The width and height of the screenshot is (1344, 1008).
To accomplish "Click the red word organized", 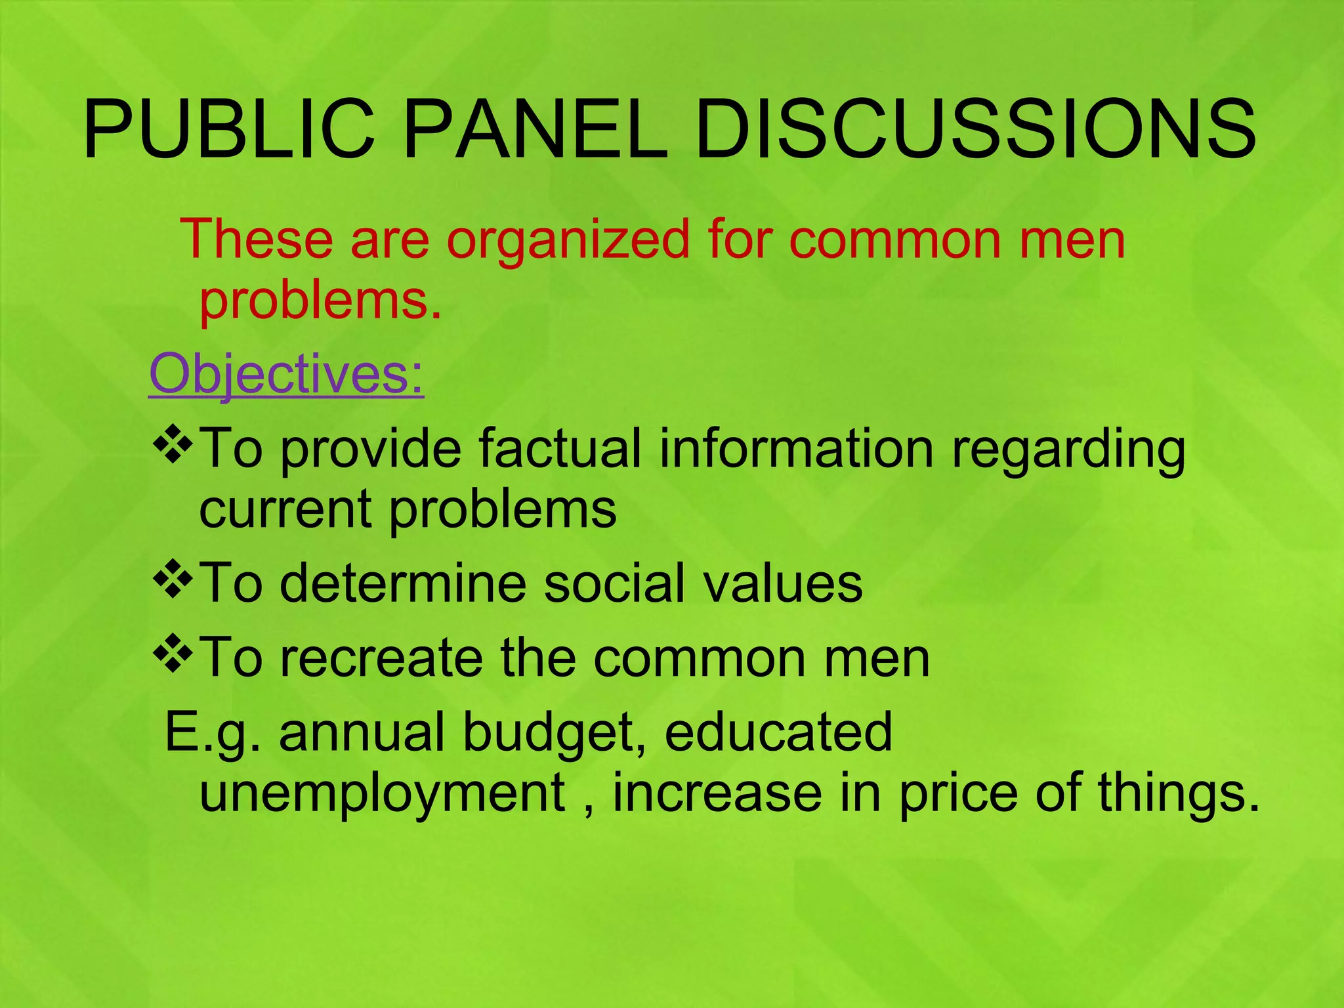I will click(x=568, y=240).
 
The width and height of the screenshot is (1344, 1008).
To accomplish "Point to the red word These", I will click(x=257, y=240).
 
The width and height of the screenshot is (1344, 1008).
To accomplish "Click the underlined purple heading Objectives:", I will click(x=287, y=374).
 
